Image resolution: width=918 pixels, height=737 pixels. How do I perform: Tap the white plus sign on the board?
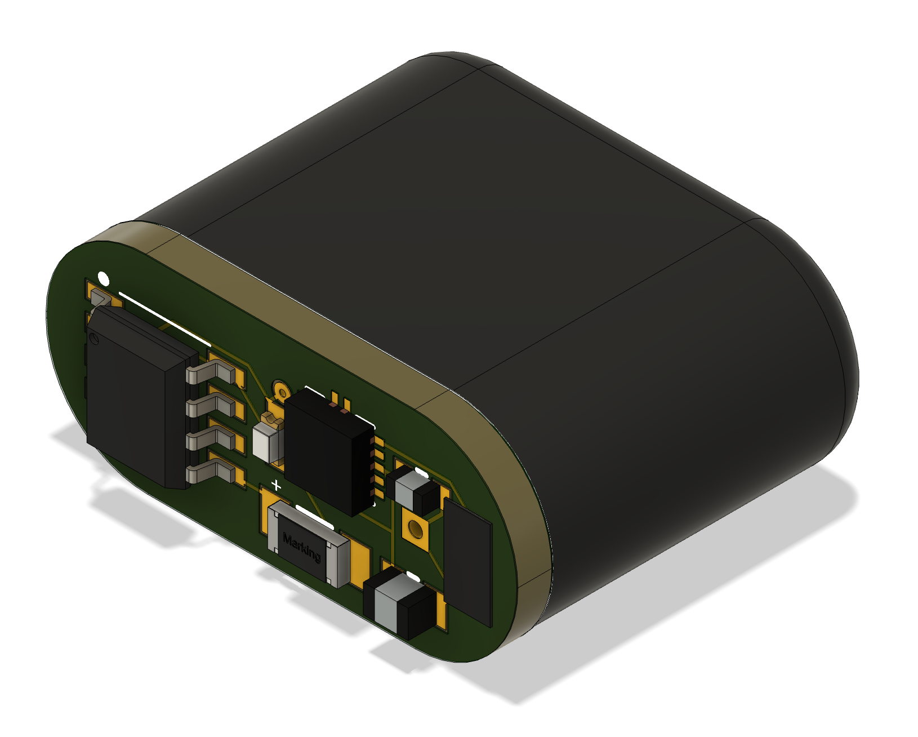[276, 485]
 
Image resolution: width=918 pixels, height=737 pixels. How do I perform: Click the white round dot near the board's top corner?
[103, 278]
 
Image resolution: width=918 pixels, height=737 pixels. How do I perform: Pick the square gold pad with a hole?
[415, 529]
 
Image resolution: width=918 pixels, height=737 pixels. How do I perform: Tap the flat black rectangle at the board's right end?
[467, 563]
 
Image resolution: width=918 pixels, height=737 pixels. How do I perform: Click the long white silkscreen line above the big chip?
[163, 318]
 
